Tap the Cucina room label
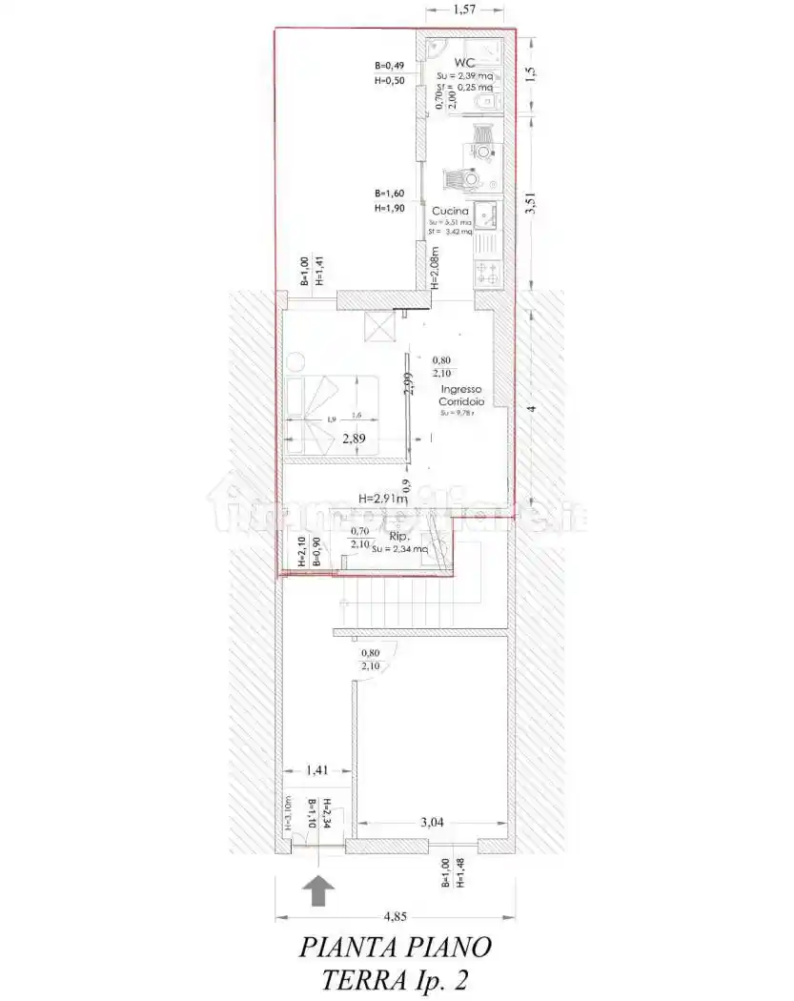(449, 211)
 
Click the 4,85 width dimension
(395, 917)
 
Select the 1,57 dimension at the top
(464, 10)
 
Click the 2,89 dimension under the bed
(355, 439)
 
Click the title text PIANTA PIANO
(396, 948)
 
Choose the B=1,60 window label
(390, 193)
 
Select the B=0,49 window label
(390, 66)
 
